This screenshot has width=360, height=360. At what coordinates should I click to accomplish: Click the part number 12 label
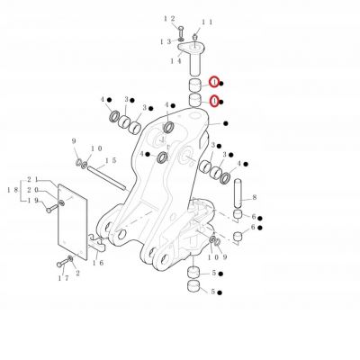(169, 19)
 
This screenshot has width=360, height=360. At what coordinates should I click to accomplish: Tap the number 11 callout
(207, 22)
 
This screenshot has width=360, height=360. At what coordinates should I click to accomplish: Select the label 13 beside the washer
(166, 41)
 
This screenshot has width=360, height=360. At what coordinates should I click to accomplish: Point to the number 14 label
(176, 61)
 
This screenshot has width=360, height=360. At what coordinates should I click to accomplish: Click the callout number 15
(111, 160)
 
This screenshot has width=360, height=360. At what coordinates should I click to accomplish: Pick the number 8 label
(255, 197)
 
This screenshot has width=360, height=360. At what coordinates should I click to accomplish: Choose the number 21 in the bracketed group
(32, 179)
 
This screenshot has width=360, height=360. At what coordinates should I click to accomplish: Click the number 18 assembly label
(13, 190)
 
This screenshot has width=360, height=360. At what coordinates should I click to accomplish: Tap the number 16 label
(98, 263)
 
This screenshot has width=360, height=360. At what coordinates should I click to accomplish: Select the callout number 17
(63, 278)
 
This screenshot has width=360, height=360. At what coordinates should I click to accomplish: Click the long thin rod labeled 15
(106, 178)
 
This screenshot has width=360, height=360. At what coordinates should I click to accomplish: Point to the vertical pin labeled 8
(238, 193)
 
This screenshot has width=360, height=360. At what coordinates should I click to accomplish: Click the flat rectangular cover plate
(72, 221)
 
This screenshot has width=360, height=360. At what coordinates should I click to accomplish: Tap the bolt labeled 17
(63, 263)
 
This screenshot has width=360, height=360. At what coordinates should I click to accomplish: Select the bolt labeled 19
(52, 209)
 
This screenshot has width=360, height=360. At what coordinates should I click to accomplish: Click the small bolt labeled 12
(181, 31)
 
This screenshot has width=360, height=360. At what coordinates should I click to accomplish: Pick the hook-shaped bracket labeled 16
(97, 243)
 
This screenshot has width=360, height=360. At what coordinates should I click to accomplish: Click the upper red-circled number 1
(214, 82)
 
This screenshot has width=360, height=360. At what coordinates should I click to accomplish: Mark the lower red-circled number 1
(214, 101)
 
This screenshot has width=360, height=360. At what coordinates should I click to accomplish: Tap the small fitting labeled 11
(194, 37)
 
